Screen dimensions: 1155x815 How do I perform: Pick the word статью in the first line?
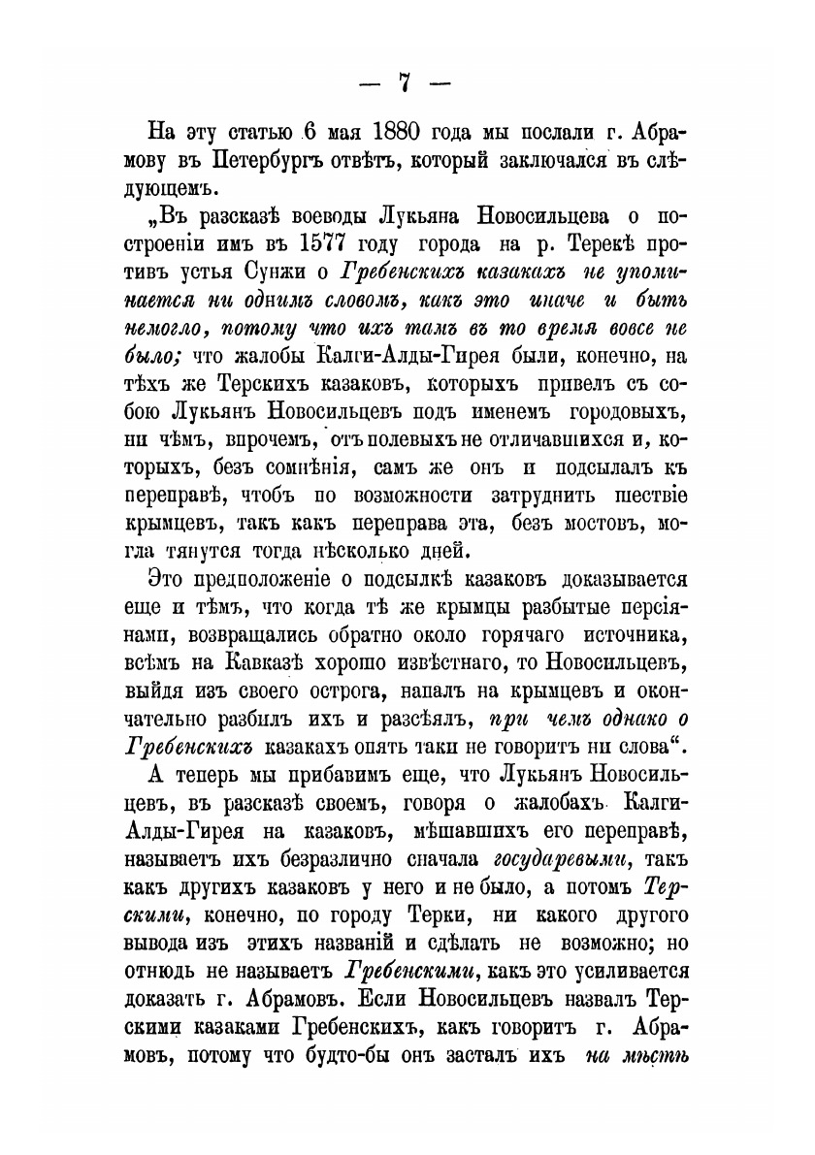(243, 131)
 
